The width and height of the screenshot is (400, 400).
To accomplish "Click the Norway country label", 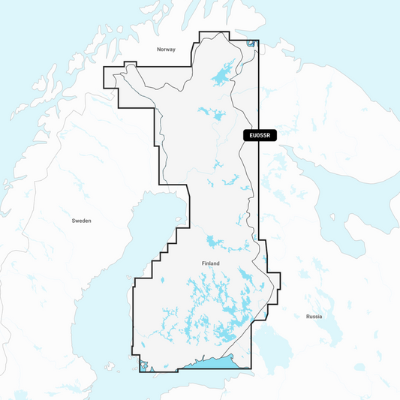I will pyautogui.click(x=165, y=49).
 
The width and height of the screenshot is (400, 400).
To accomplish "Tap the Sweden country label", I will pyautogui.click(x=81, y=221).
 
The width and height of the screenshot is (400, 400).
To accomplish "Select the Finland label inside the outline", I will pyautogui.click(x=212, y=263).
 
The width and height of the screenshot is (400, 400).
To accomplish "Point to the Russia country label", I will pyautogui.click(x=314, y=317).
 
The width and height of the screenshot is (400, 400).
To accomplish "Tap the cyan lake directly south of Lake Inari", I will pyautogui.click(x=211, y=114).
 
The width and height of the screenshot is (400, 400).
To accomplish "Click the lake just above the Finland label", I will pyautogui.click(x=214, y=243).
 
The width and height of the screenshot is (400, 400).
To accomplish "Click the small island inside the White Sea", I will pyautogui.click(x=332, y=217).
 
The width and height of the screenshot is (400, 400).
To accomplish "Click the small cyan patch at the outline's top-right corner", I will pyautogui.click(x=251, y=44).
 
